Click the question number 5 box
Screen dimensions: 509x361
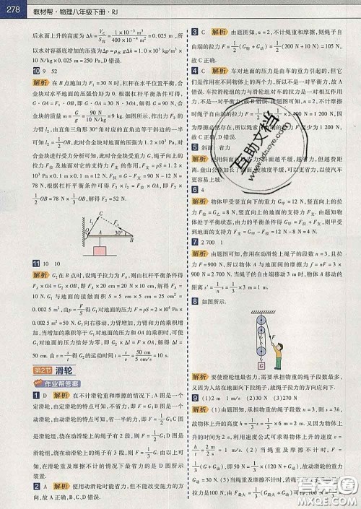click(194, 147)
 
